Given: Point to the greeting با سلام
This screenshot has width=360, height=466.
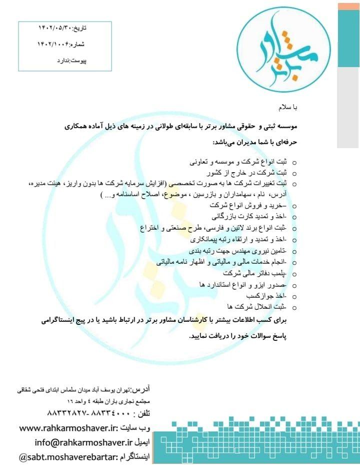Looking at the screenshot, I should point(287,108).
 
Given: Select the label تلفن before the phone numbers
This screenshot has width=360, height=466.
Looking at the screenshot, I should point(140,415).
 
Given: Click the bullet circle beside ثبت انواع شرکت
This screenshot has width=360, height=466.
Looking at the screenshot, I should point(294,163).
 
